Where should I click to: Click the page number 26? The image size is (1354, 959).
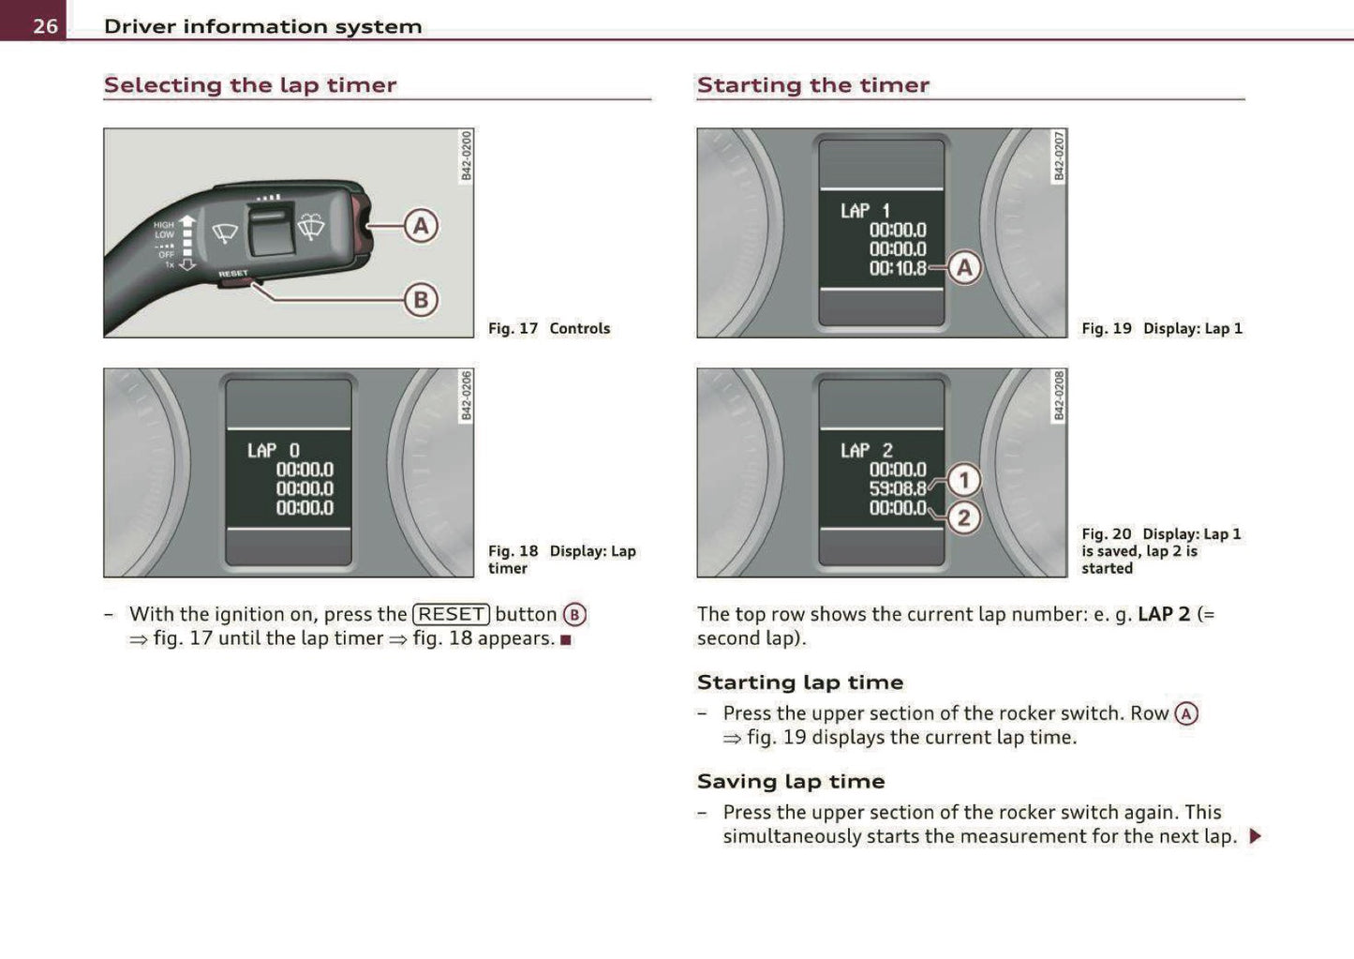(x=45, y=25)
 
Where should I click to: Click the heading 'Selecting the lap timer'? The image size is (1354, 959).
(x=250, y=85)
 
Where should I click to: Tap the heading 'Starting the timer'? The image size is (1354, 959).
(x=812, y=85)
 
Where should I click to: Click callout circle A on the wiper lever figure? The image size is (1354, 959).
(x=421, y=226)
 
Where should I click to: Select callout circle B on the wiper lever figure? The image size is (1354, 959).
(x=421, y=300)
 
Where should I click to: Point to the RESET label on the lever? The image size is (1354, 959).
(x=233, y=274)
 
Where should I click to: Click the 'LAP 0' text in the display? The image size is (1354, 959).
(x=274, y=451)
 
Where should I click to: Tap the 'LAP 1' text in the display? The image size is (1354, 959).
(x=865, y=211)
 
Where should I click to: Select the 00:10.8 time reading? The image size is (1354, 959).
(x=898, y=268)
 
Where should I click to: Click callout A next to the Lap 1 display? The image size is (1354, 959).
(x=964, y=268)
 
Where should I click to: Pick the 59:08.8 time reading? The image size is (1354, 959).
(x=898, y=488)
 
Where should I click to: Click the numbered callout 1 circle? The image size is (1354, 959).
(x=964, y=480)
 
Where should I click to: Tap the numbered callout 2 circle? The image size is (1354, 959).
(x=964, y=517)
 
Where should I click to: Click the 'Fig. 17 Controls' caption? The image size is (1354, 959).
(x=549, y=328)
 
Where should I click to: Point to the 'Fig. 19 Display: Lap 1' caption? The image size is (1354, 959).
(x=1162, y=328)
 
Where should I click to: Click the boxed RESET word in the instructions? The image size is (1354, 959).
(x=451, y=614)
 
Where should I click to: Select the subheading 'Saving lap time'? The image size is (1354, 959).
(x=791, y=781)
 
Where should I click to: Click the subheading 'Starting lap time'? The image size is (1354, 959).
(x=800, y=682)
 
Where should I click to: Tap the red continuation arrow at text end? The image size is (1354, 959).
(x=1256, y=836)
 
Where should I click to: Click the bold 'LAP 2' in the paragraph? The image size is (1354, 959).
(x=1163, y=614)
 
